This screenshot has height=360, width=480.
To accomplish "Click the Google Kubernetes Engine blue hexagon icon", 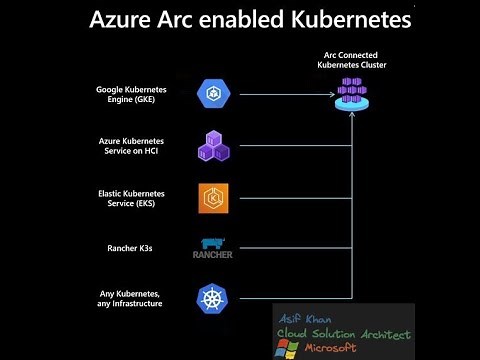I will click(214, 95).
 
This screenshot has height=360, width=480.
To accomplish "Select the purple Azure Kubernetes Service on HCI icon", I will click(214, 146).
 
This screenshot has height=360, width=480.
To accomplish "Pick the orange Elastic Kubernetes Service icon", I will click(214, 197).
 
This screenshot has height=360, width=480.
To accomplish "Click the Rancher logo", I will click(213, 249).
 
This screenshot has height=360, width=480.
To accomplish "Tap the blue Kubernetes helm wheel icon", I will click(214, 298).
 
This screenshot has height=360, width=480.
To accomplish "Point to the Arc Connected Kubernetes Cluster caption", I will click(351, 62).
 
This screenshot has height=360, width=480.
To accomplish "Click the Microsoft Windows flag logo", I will click(288, 347).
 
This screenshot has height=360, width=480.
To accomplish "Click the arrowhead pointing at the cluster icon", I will click(333, 95).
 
